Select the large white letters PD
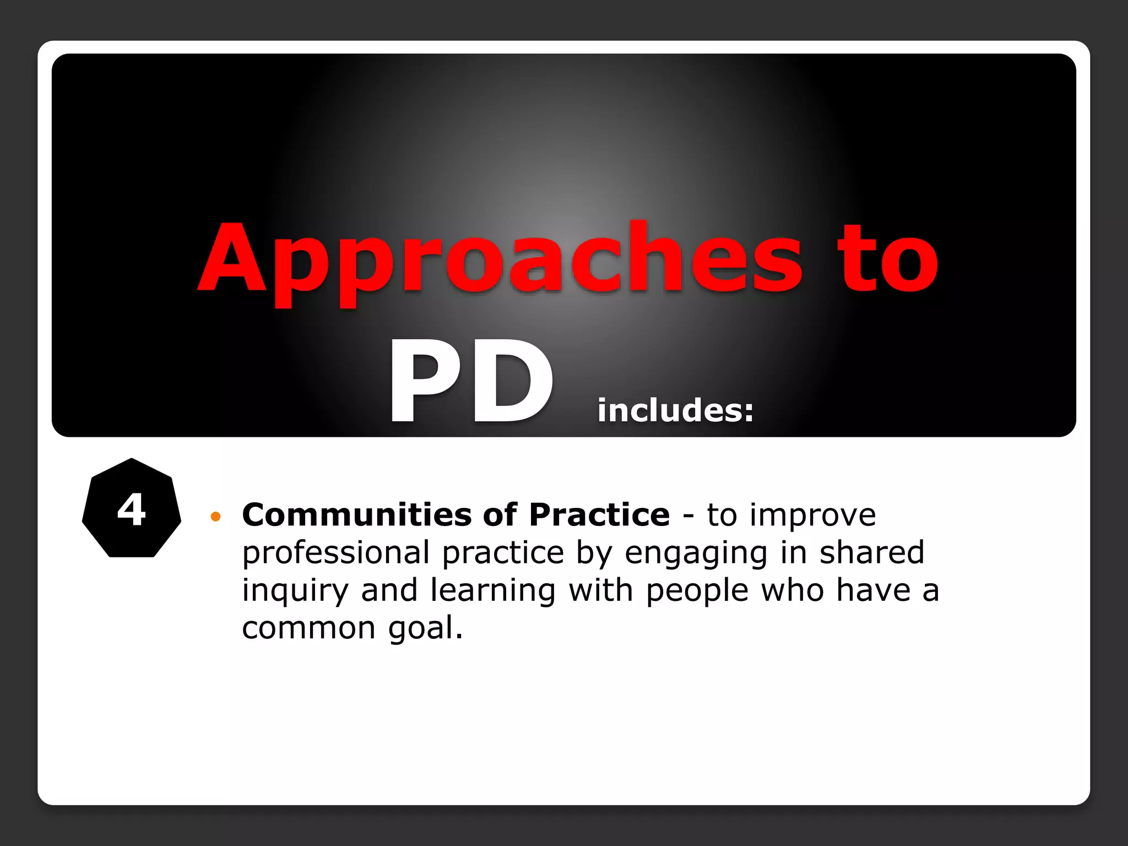[x=471, y=383]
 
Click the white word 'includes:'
[x=675, y=410]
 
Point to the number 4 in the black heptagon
[x=132, y=509]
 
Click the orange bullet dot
[x=216, y=517]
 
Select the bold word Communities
[x=357, y=515]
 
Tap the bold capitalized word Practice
[x=599, y=515]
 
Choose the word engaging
[x=696, y=554]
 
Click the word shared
[x=872, y=552]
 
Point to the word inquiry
[x=295, y=591]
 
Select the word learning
[x=493, y=591]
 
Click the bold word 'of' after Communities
[x=500, y=515]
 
